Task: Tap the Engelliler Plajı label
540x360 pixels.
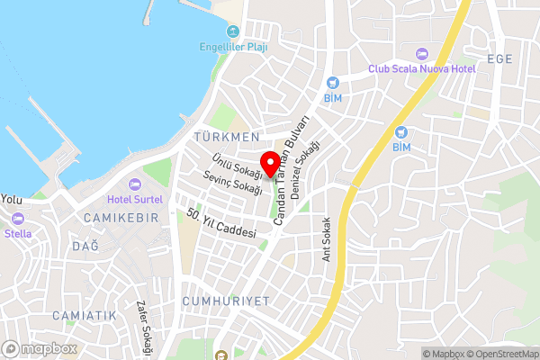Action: point(233,48)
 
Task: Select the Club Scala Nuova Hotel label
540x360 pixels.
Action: point(421,68)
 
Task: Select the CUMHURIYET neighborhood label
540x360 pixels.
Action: point(225,301)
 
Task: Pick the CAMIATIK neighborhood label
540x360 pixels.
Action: point(85,315)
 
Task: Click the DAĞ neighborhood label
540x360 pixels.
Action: point(85,246)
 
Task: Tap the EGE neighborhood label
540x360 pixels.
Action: point(499,59)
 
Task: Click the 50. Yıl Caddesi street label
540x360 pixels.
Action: point(221,224)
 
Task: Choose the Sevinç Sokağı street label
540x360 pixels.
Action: point(235,184)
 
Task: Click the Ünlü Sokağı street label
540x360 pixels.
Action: point(237,161)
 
